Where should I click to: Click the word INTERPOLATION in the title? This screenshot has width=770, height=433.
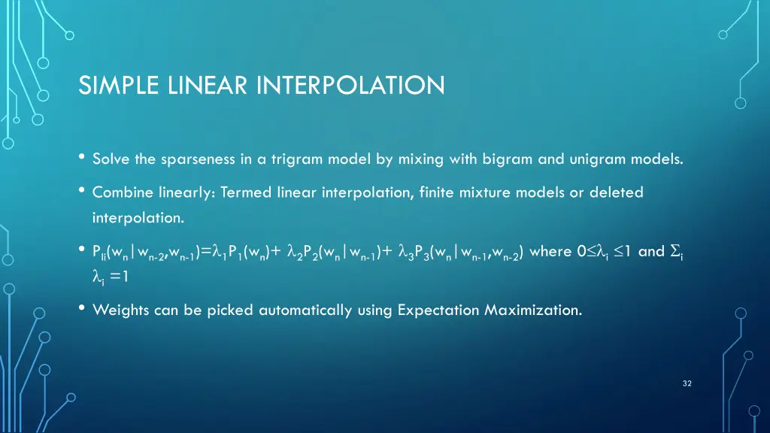[x=350, y=85]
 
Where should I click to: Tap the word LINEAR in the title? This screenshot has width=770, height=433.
[x=208, y=85]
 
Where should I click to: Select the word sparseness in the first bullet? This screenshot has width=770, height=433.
[x=187, y=159]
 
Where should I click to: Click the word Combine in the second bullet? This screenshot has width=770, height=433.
[x=123, y=192]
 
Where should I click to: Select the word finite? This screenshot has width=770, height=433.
[x=435, y=192]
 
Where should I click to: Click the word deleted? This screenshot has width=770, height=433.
[x=617, y=192]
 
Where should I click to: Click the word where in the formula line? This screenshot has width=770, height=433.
[x=550, y=252]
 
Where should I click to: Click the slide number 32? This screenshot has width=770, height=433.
[x=687, y=384]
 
